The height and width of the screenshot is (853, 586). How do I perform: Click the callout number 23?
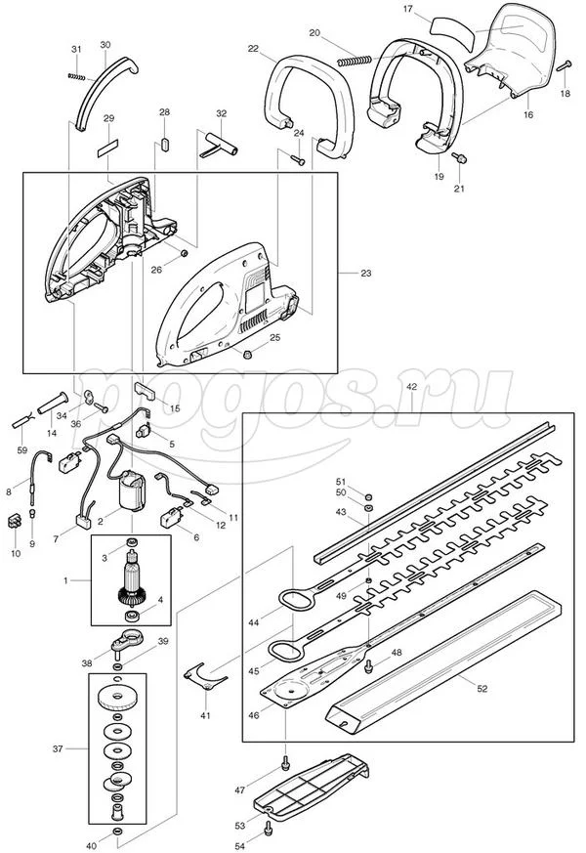[366, 273]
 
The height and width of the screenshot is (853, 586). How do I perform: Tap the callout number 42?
[411, 387]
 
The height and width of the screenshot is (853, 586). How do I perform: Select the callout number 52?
[481, 689]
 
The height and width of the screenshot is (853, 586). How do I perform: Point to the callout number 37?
[58, 749]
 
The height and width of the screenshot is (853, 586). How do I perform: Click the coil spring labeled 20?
[355, 61]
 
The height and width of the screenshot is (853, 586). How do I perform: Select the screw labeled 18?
[565, 65]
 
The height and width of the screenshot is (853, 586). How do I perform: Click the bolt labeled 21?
[459, 157]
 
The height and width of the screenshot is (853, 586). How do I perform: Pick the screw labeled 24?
[298, 159]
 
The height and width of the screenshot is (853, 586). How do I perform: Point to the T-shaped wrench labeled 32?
[219, 144]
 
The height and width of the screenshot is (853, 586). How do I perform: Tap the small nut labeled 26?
[184, 253]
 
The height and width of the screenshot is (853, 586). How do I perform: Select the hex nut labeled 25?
[248, 355]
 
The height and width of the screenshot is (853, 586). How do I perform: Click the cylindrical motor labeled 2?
[131, 490]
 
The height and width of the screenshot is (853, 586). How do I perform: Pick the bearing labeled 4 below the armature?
[132, 616]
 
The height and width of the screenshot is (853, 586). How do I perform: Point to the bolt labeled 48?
[370, 663]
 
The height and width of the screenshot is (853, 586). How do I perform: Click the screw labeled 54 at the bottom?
[268, 829]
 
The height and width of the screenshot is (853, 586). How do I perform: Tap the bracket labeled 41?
[205, 676]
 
